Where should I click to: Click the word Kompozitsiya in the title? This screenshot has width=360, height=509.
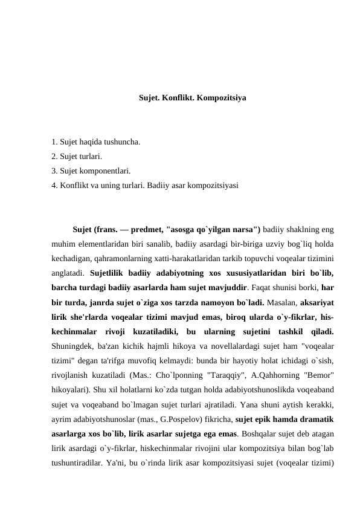pos(221,97)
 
